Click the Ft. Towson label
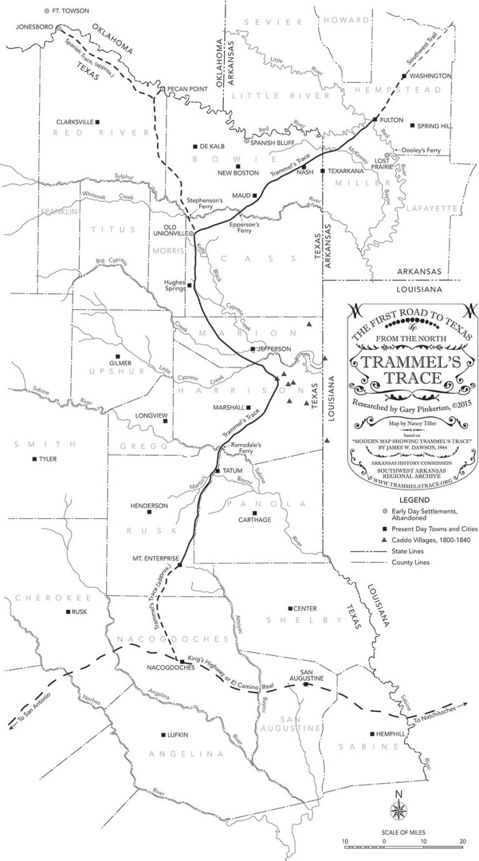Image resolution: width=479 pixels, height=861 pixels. pos(70,11)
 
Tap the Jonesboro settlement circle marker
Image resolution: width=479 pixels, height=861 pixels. pos(58,28)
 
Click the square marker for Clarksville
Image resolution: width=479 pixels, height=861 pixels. pos(97,122)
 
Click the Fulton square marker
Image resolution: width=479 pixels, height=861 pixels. pos(374,119)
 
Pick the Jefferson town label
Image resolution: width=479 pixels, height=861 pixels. pos(274,349)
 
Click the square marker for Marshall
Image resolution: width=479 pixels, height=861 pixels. pos(249,408)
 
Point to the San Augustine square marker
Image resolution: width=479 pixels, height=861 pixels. pos(305,685)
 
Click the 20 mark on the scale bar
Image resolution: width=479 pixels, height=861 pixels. pos(463,841)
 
